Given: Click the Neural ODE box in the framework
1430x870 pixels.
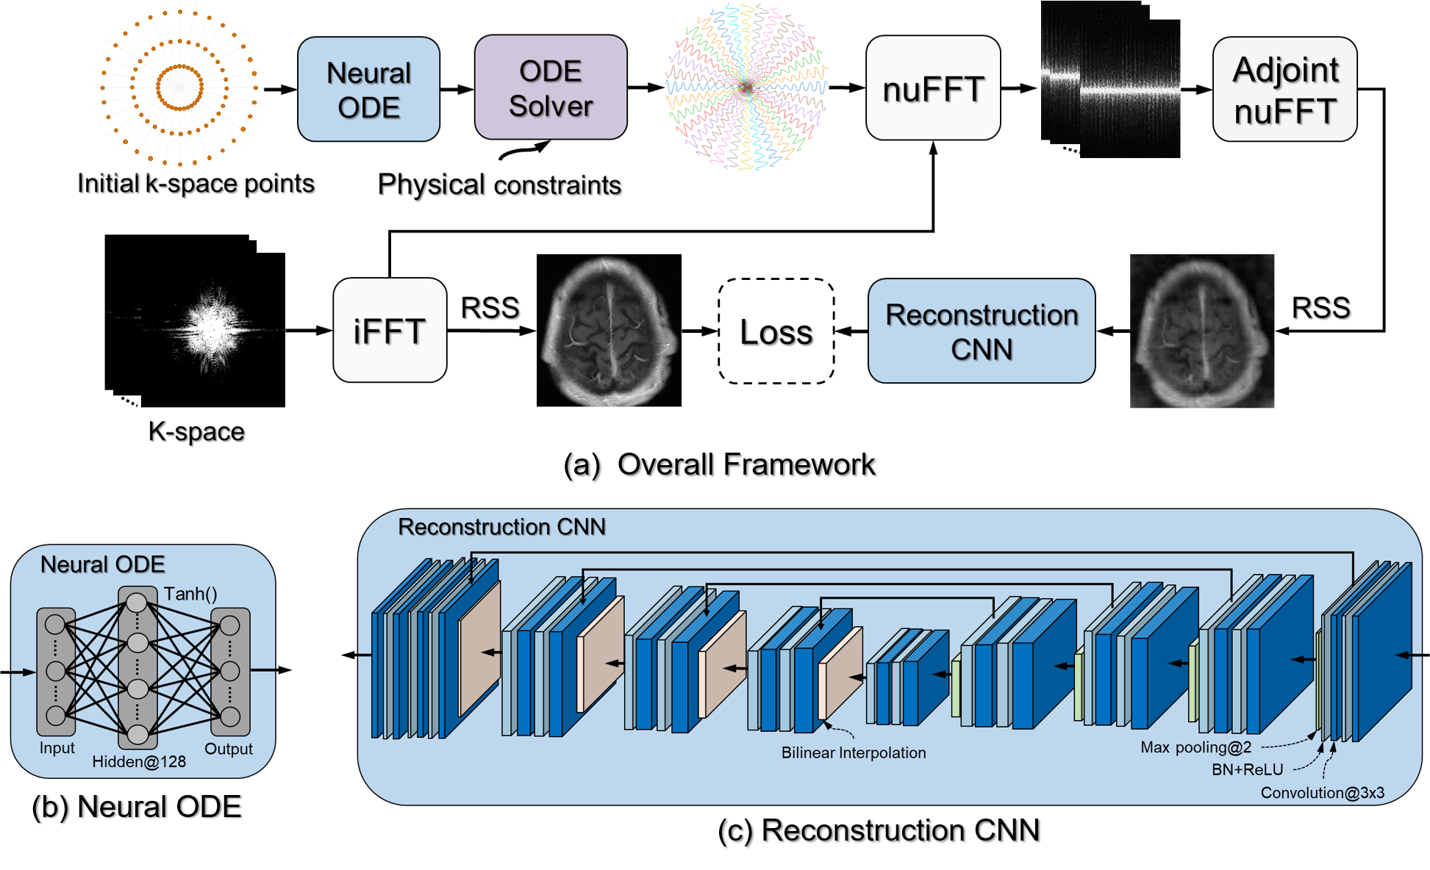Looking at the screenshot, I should click(368, 90).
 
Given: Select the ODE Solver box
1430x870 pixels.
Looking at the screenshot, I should click(551, 88).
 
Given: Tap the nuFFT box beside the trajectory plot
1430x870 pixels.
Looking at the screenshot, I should click(933, 89).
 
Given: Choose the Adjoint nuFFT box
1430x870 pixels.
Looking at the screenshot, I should click(1284, 90).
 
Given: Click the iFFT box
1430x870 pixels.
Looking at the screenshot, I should click(390, 331).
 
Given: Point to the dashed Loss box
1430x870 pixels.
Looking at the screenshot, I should click(776, 331).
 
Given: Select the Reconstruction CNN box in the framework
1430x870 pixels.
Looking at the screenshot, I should click(982, 331).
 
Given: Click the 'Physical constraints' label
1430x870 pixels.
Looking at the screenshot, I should click(499, 184).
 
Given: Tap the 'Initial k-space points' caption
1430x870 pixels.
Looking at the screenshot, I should click(196, 183).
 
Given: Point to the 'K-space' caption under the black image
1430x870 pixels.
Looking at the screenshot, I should click(196, 431).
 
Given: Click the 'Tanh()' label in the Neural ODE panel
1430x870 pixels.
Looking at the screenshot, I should click(190, 594).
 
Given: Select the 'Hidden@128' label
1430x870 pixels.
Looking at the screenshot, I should click(139, 762).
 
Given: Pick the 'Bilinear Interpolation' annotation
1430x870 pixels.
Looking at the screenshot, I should click(853, 753).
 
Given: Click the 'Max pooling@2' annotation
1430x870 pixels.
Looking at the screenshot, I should click(1195, 748).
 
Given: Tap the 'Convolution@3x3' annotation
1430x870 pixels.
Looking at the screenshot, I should click(1322, 793).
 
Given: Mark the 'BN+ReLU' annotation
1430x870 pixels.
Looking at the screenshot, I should click(1247, 770).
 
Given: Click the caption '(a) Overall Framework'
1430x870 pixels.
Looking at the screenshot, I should click(719, 464).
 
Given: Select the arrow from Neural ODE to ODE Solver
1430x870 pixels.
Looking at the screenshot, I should click(457, 90).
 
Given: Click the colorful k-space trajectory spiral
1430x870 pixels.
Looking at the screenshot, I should click(746, 87).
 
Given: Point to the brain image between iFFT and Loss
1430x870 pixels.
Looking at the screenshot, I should click(609, 331).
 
